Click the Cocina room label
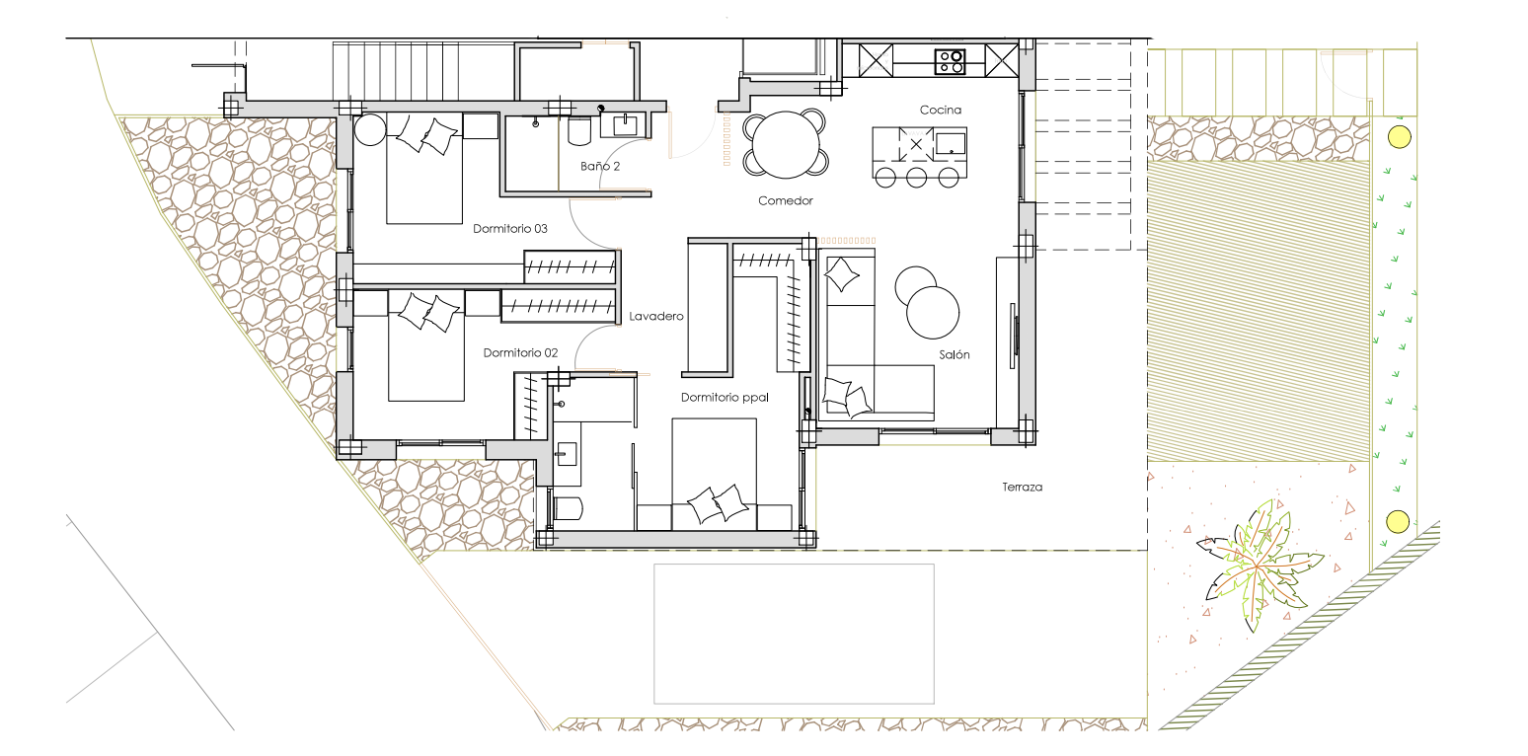pyautogui.click(x=940, y=110)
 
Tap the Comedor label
pyautogui.click(x=785, y=200)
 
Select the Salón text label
pyautogui.click(x=954, y=354)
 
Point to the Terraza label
pyautogui.click(x=1022, y=488)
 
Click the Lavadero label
pyautogui.click(x=655, y=316)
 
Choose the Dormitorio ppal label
pyautogui.click(x=725, y=397)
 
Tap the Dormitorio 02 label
pyautogui.click(x=520, y=352)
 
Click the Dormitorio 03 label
pyautogui.click(x=510, y=229)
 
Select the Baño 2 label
pyautogui.click(x=600, y=166)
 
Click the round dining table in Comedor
pyautogui.click(x=785, y=144)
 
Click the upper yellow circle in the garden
pyautogui.click(x=1399, y=136)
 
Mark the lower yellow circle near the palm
pyautogui.click(x=1398, y=522)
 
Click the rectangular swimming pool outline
pyautogui.click(x=794, y=634)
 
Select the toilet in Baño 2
pyautogui.click(x=579, y=131)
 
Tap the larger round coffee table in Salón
pyautogui.click(x=933, y=313)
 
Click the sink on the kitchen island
pyautogui.click(x=951, y=144)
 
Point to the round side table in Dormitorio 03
pyautogui.click(x=370, y=129)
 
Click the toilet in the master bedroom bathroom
pyautogui.click(x=568, y=508)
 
